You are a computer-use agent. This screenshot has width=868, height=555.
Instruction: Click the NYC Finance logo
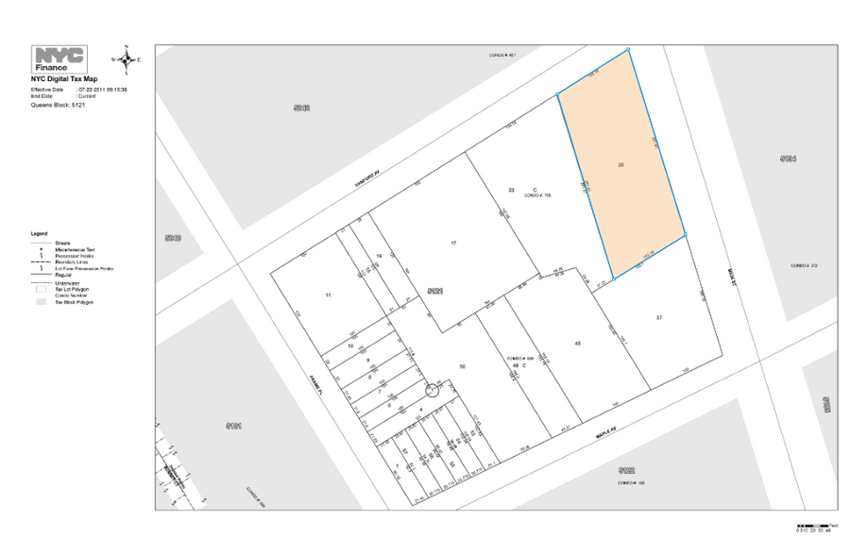pos(59,59)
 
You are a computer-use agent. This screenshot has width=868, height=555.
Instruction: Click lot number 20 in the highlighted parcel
pos(621,164)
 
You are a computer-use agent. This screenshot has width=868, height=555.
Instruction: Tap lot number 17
pos(453,244)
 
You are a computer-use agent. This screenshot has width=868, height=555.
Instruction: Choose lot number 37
pos(659,318)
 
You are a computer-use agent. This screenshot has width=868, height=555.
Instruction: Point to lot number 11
pos(328,296)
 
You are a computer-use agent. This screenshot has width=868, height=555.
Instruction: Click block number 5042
pos(302,108)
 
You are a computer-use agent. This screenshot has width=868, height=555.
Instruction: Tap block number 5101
pos(234,426)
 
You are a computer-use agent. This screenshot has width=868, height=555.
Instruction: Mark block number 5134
pos(789,159)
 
